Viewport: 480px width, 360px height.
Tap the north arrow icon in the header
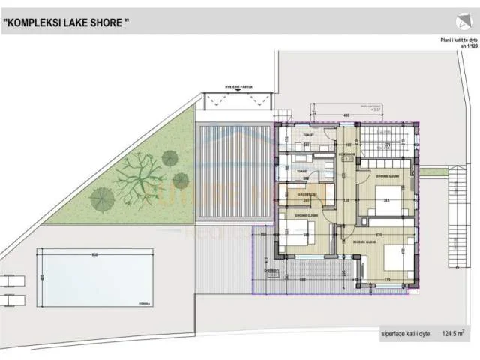(459, 22)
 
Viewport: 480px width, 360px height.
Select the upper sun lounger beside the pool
(12, 281)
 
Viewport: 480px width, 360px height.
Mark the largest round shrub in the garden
(101, 199)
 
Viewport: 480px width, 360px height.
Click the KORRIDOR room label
(347, 154)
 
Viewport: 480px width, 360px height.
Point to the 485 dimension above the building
(346, 115)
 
